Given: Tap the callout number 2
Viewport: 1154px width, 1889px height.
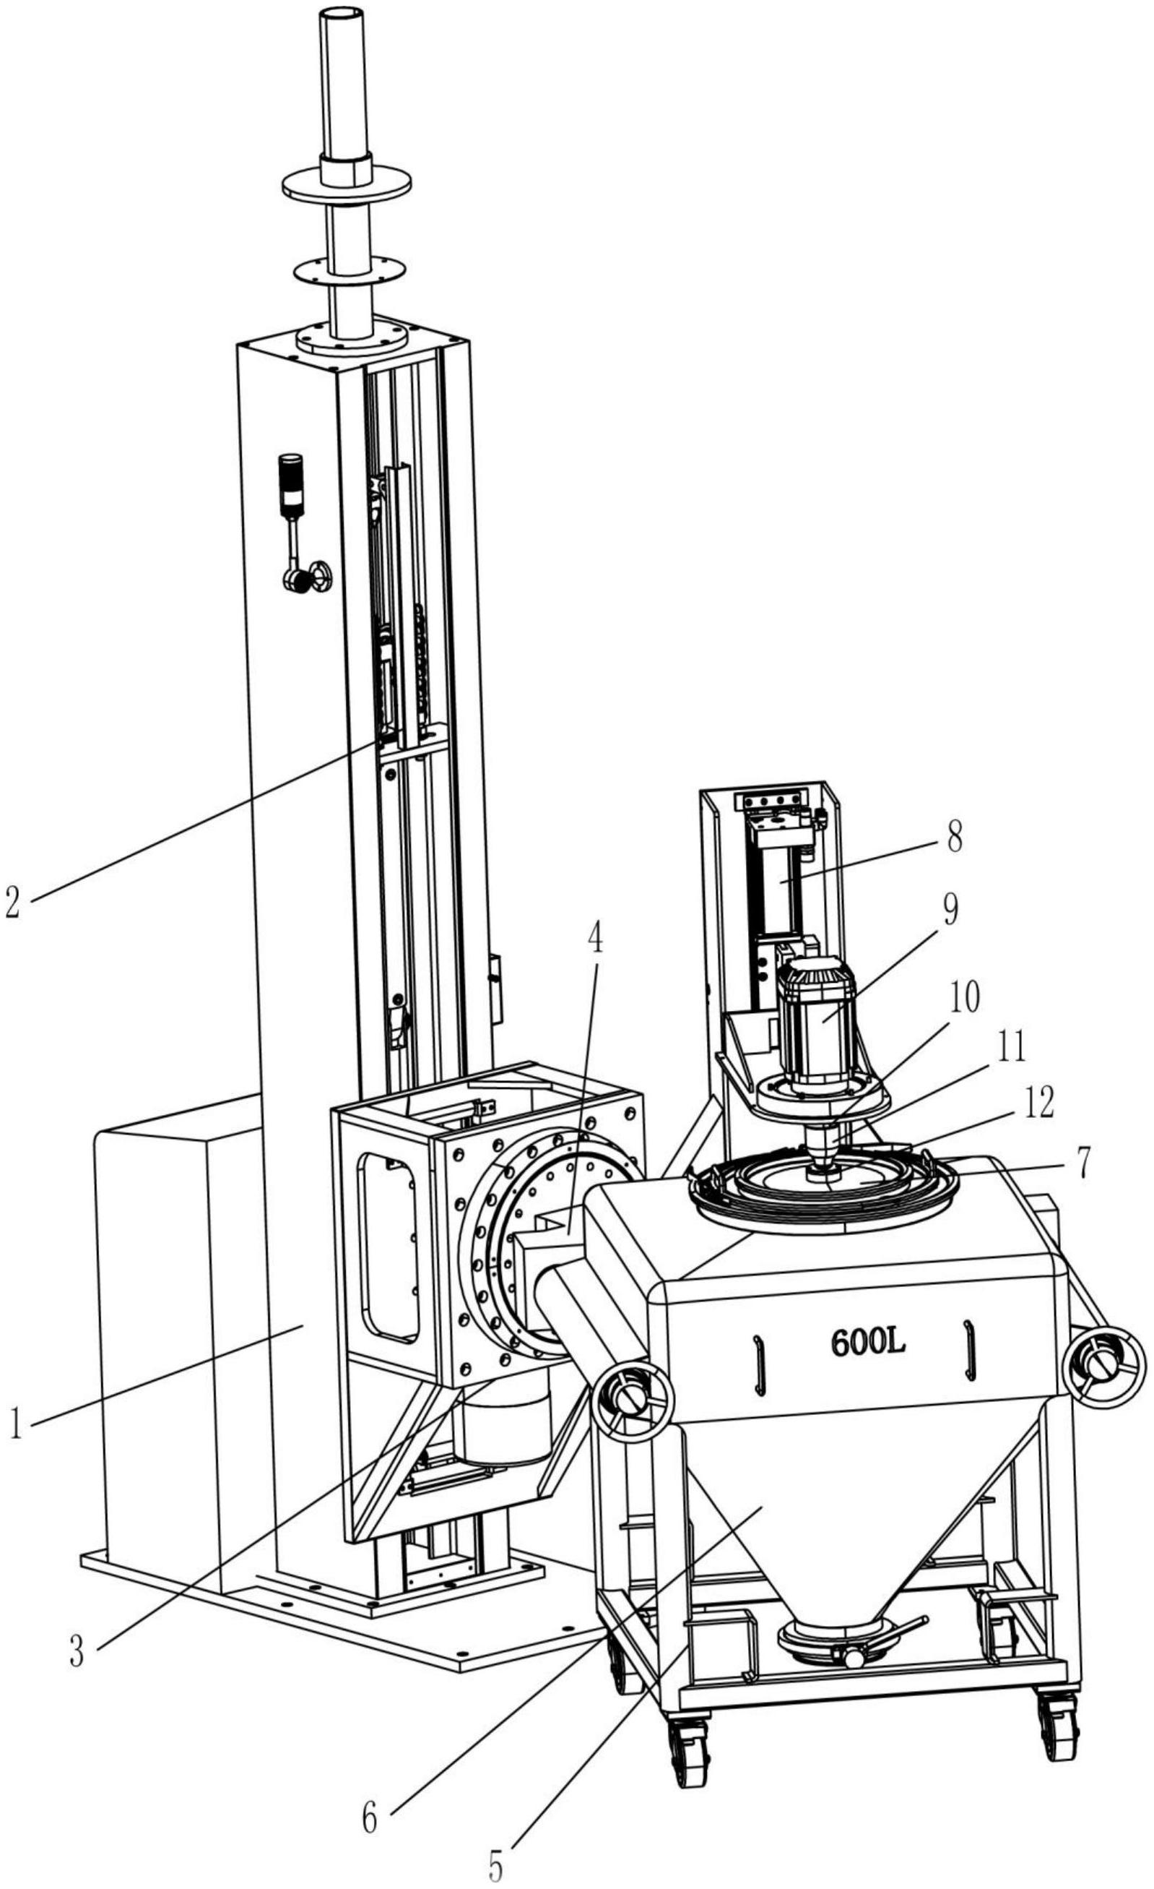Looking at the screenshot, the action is (x=13, y=902).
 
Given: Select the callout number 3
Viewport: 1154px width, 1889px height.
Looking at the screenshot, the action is (x=77, y=1653).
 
